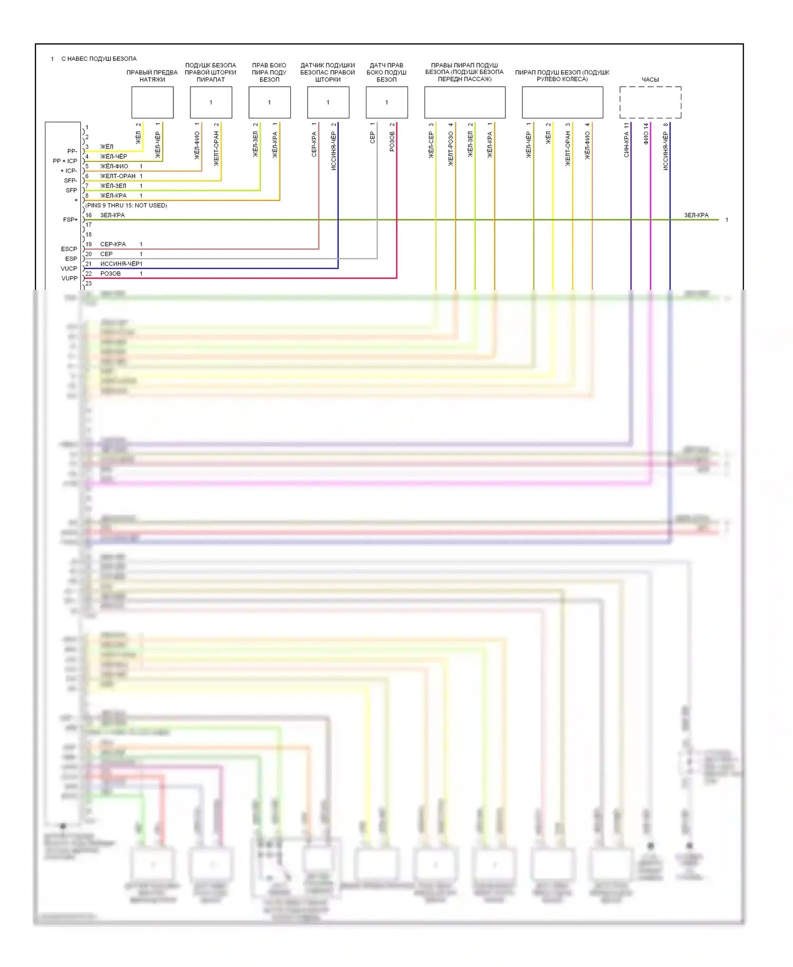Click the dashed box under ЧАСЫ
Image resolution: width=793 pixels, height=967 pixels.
pyautogui.click(x=650, y=102)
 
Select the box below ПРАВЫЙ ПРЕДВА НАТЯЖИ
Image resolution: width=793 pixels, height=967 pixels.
pyautogui.click(x=152, y=102)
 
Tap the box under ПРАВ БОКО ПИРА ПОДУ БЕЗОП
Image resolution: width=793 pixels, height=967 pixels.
pyautogui.click(x=270, y=102)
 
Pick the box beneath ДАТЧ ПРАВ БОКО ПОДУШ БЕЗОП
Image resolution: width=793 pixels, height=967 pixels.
pyautogui.click(x=386, y=102)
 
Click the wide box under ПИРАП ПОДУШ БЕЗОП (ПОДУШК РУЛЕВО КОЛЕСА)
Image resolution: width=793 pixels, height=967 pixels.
pyautogui.click(x=563, y=102)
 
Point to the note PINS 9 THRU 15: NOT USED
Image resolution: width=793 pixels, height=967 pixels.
pyautogui.click(x=126, y=205)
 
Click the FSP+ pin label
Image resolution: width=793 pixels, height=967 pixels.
pyautogui.click(x=70, y=220)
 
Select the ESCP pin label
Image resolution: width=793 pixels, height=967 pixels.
pyautogui.click(x=69, y=249)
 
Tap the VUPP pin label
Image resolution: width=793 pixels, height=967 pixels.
pyautogui.click(x=69, y=278)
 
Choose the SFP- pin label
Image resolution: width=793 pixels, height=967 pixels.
pyautogui.click(x=70, y=180)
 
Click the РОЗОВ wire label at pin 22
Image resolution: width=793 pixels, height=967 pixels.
pyautogui.click(x=110, y=273)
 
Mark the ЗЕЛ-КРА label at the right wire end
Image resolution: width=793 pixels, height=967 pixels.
pyautogui.click(x=696, y=215)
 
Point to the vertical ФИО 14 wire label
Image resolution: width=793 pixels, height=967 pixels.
pyautogui.click(x=646, y=134)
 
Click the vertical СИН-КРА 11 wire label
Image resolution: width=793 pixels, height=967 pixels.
pyautogui.click(x=626, y=140)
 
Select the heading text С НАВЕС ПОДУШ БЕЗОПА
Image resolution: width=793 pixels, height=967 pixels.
pyautogui.click(x=99, y=59)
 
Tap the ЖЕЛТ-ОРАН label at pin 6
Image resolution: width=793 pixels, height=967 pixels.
pyautogui.click(x=118, y=176)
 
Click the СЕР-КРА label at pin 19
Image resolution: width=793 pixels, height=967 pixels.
pyautogui.click(x=113, y=244)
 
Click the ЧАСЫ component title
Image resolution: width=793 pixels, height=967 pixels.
pyautogui.click(x=650, y=80)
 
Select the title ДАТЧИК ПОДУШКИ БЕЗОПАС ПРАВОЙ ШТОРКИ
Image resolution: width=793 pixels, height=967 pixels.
pyautogui.click(x=328, y=72)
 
